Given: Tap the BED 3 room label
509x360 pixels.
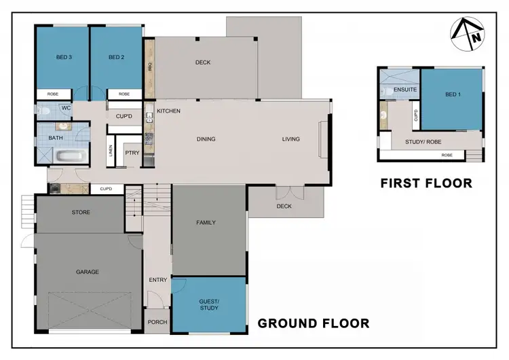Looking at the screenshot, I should click(64, 58).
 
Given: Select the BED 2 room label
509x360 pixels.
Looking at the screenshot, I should click(117, 58).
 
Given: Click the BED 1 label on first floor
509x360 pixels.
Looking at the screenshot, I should click(453, 94).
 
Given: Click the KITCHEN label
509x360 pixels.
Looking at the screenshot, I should click(168, 111).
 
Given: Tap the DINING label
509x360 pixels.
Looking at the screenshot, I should click(206, 139).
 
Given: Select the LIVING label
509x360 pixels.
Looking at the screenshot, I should click(291, 139).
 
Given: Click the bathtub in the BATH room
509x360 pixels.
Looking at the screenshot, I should click(69, 156).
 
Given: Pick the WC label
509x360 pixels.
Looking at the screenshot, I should click(66, 108).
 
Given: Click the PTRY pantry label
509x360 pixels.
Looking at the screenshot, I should click(132, 153).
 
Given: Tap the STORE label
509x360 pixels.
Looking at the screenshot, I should click(81, 213).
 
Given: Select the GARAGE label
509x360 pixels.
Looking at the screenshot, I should click(87, 272).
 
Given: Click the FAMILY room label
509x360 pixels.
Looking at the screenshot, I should click(206, 222).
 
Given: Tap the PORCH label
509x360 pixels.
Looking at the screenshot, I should click(157, 322).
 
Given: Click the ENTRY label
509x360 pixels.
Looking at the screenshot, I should click(157, 280).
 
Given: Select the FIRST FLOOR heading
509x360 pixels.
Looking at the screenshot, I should click(426, 183).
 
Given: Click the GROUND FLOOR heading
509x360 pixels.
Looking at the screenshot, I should click(314, 323).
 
